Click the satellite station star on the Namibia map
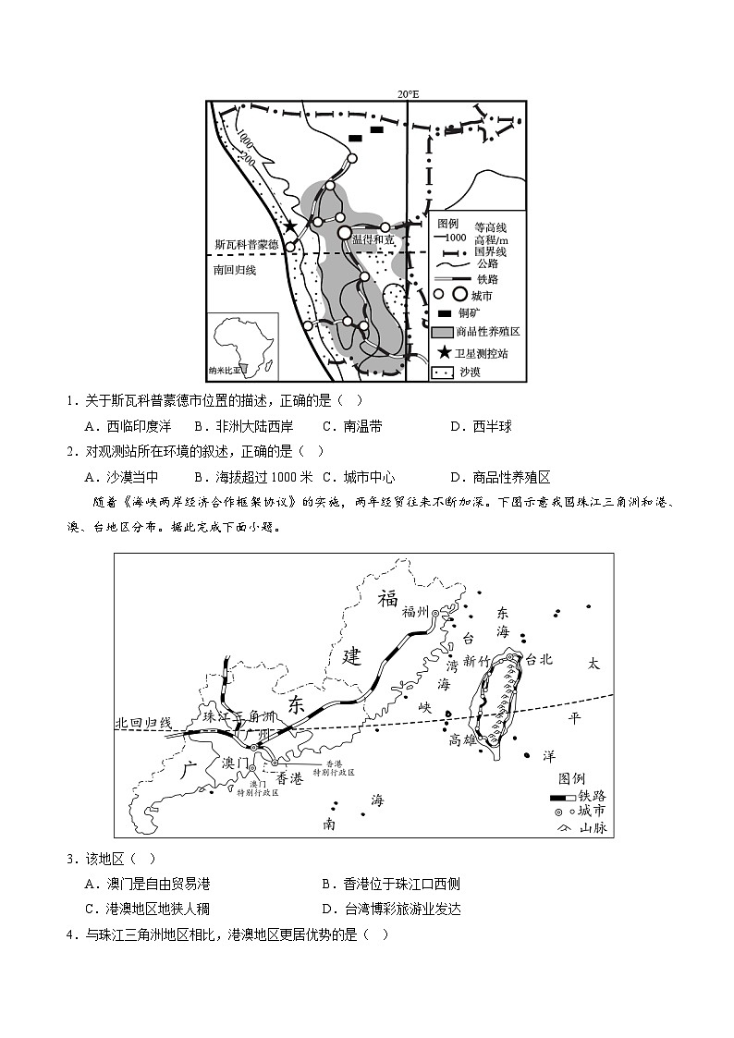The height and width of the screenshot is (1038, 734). [290, 226]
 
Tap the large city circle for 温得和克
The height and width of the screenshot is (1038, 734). [345, 233]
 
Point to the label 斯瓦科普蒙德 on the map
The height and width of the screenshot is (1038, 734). [246, 246]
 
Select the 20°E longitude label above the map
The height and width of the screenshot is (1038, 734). [408, 94]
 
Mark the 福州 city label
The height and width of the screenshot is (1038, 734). [417, 611]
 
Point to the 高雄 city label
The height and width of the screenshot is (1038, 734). [463, 739]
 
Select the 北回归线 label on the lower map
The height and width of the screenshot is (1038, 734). [143, 722]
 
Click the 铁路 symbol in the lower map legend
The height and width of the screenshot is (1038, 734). [562, 797]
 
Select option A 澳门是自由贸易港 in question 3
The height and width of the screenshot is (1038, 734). [146, 884]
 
